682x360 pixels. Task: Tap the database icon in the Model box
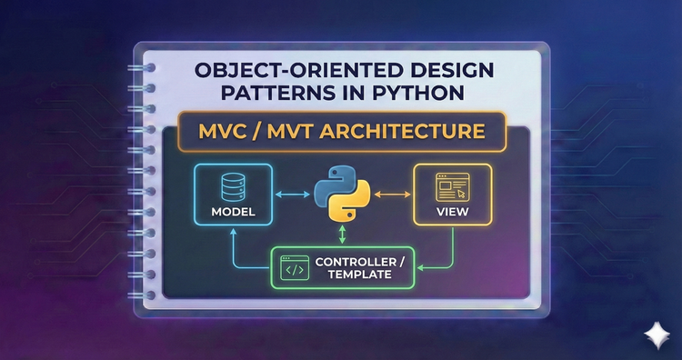(x=231, y=187)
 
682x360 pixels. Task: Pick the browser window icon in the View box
(x=451, y=187)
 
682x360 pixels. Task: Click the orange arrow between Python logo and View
(x=392, y=194)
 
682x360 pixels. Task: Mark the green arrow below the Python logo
(x=341, y=236)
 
